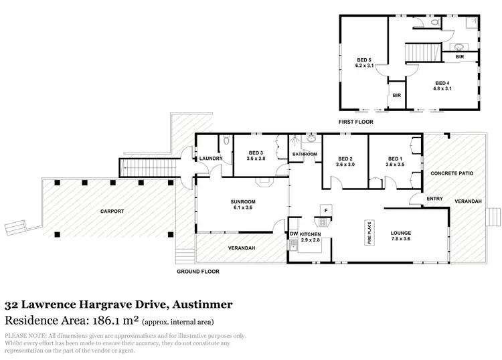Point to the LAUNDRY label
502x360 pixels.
[210, 159]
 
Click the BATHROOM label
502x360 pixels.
[305, 154]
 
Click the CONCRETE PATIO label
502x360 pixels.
[452, 173]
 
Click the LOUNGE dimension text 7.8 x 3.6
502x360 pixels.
[400, 239]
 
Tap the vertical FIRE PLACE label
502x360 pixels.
[367, 234]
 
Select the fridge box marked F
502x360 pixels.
[325, 209]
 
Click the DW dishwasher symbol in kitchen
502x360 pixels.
[293, 233]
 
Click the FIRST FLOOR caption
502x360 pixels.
[356, 122]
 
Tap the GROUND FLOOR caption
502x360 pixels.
[197, 272]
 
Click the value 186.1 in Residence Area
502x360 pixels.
[122, 320]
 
